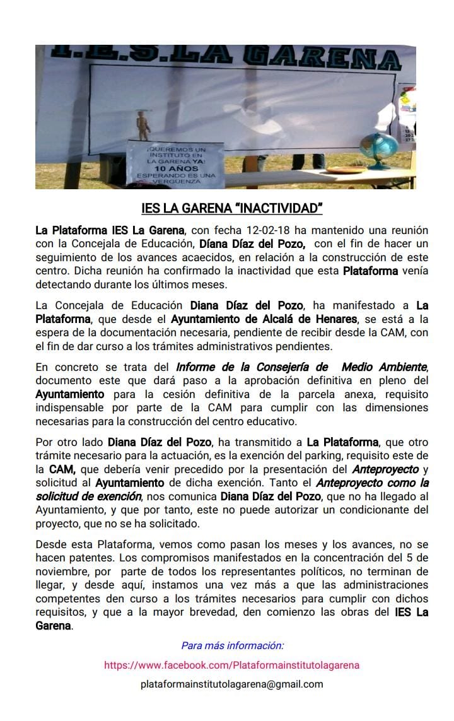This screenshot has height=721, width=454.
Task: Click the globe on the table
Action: (379, 150)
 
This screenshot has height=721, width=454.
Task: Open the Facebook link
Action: (231, 665)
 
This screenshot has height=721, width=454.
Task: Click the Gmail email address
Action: (231, 684)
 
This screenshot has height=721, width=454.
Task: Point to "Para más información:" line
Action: (232, 645)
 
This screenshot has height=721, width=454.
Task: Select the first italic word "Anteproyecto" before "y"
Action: (385, 469)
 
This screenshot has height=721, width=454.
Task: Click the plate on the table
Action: (345, 170)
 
